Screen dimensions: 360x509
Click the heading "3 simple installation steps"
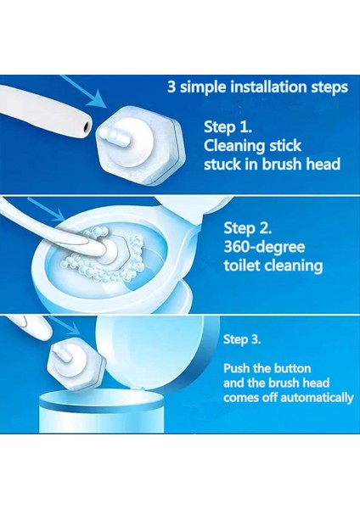click(257, 87)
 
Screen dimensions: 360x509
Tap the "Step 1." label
click(228, 126)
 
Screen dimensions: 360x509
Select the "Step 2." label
click(248, 228)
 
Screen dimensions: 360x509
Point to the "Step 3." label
click(242, 339)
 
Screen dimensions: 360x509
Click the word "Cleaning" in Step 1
click(230, 146)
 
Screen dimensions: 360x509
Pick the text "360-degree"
click(264, 247)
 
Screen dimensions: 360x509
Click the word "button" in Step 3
click(293, 368)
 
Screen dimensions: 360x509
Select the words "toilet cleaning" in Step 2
click(273, 266)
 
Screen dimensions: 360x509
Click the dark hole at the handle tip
click(87, 127)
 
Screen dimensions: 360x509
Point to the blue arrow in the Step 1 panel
click(85, 92)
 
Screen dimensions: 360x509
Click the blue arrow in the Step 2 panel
click(46, 210)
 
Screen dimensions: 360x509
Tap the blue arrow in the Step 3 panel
click(65, 325)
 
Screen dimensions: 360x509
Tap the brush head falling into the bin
click(76, 364)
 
